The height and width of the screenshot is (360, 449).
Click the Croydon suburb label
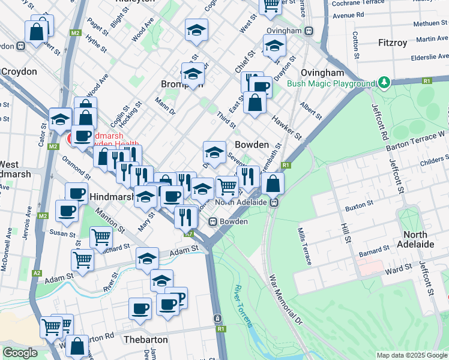19,71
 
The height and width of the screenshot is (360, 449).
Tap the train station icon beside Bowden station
212,222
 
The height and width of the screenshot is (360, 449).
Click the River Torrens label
244,306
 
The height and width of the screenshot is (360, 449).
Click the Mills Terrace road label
304,246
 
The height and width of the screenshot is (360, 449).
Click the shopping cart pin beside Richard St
101,236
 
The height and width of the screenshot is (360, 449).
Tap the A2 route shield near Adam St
37,273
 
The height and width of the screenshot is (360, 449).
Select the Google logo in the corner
20,353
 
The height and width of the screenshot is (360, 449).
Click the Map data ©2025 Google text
411,355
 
